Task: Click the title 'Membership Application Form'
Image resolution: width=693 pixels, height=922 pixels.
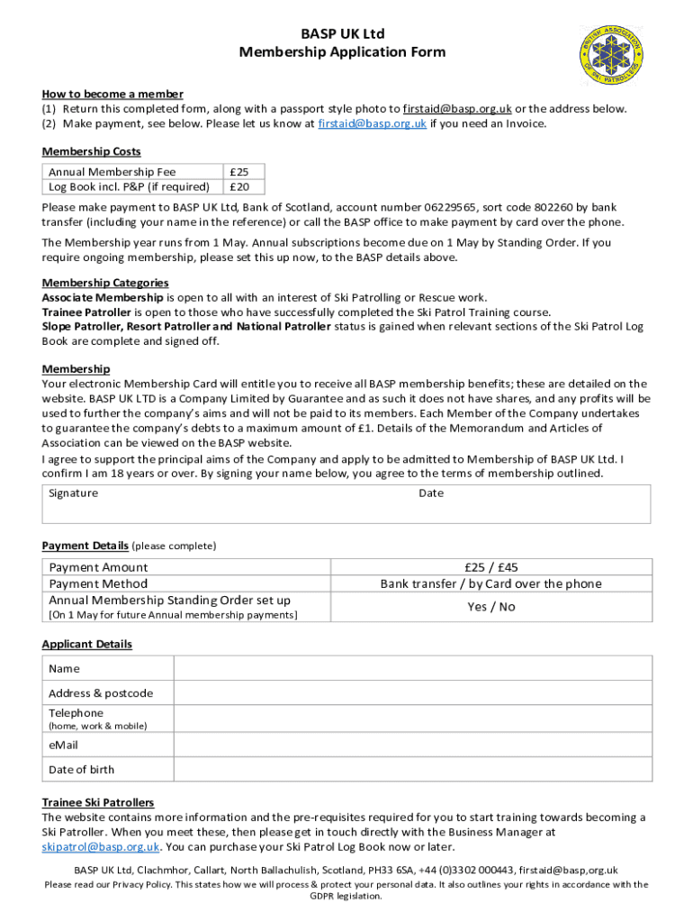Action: pos(342,52)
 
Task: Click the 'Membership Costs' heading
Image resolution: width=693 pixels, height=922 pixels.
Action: pos(91,151)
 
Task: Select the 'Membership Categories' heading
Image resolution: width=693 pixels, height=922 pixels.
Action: pos(105,283)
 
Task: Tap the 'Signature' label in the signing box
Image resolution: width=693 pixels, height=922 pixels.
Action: pos(74,493)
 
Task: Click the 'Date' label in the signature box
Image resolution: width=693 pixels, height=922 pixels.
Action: pos(431,493)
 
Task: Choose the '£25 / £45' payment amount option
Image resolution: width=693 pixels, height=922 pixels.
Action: pos(490,567)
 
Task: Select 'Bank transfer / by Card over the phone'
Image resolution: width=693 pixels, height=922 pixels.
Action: pos(490,583)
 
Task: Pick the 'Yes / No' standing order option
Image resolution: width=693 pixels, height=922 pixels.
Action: pos(490,607)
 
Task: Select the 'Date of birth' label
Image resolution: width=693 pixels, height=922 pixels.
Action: pos(82,770)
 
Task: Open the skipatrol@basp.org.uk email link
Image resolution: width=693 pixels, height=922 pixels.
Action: pos(101,847)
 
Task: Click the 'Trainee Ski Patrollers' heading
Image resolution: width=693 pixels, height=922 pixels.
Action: pos(98,802)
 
